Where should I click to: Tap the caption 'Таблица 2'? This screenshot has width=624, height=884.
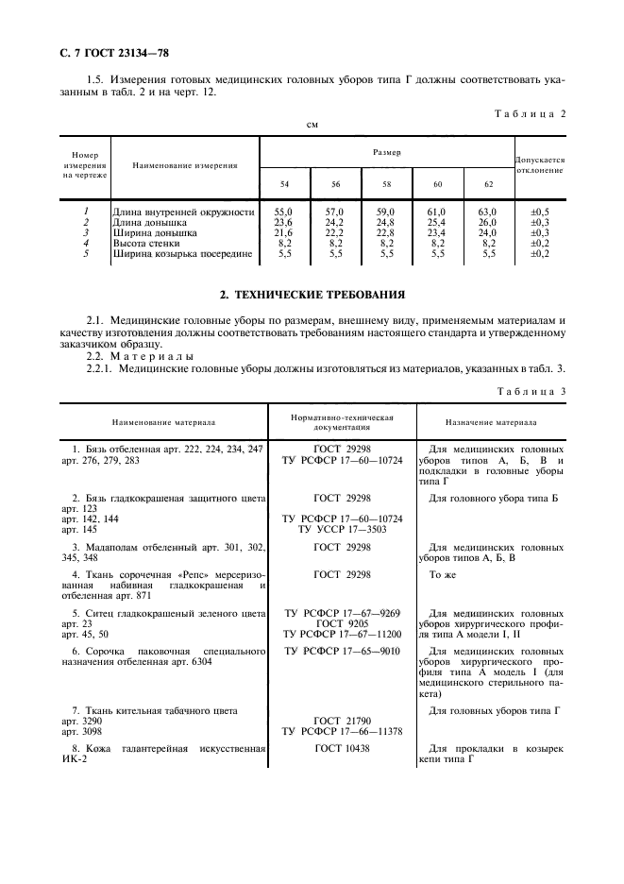point(531,113)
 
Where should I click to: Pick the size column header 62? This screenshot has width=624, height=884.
point(488,183)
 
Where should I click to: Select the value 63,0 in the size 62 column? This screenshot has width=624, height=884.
point(488,212)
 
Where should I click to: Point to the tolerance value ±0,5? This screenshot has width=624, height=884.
point(540,212)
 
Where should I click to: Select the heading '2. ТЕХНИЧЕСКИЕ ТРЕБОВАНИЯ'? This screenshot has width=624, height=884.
point(312,294)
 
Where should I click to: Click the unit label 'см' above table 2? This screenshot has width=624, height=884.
point(312,125)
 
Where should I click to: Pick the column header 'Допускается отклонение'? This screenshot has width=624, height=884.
point(540,165)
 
